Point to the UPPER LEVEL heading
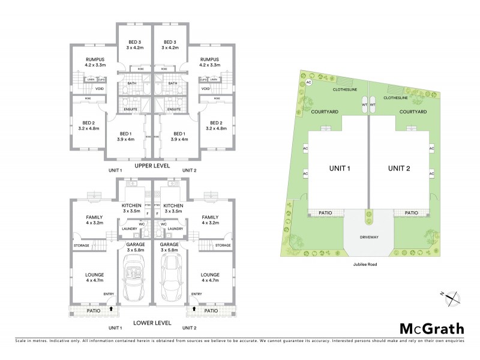(x=152, y=165)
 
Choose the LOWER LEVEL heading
(x=152, y=323)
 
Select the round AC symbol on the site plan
(x=309, y=82)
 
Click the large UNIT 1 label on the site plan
(x=340, y=168)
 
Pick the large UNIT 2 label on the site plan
(x=398, y=168)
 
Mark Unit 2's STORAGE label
(x=223, y=245)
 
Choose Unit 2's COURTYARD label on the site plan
(x=412, y=112)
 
